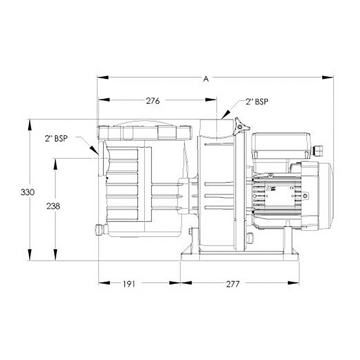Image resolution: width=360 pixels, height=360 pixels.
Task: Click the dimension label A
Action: (206, 79)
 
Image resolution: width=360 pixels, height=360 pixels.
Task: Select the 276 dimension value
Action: (153, 101)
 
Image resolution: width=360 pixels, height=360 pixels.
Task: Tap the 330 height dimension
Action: (28, 192)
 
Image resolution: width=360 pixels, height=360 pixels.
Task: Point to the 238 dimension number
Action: (53, 206)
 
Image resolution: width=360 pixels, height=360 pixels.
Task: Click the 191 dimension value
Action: (129, 284)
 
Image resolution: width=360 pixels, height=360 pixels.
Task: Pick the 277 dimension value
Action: (233, 284)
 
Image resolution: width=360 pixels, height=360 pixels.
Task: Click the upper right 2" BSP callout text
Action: (257, 102)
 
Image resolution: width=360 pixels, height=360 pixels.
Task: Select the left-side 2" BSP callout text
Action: (56, 139)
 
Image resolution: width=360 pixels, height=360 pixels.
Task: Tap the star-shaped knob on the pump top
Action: (241, 126)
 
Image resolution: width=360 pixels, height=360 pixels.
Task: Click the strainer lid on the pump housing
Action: (145, 133)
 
